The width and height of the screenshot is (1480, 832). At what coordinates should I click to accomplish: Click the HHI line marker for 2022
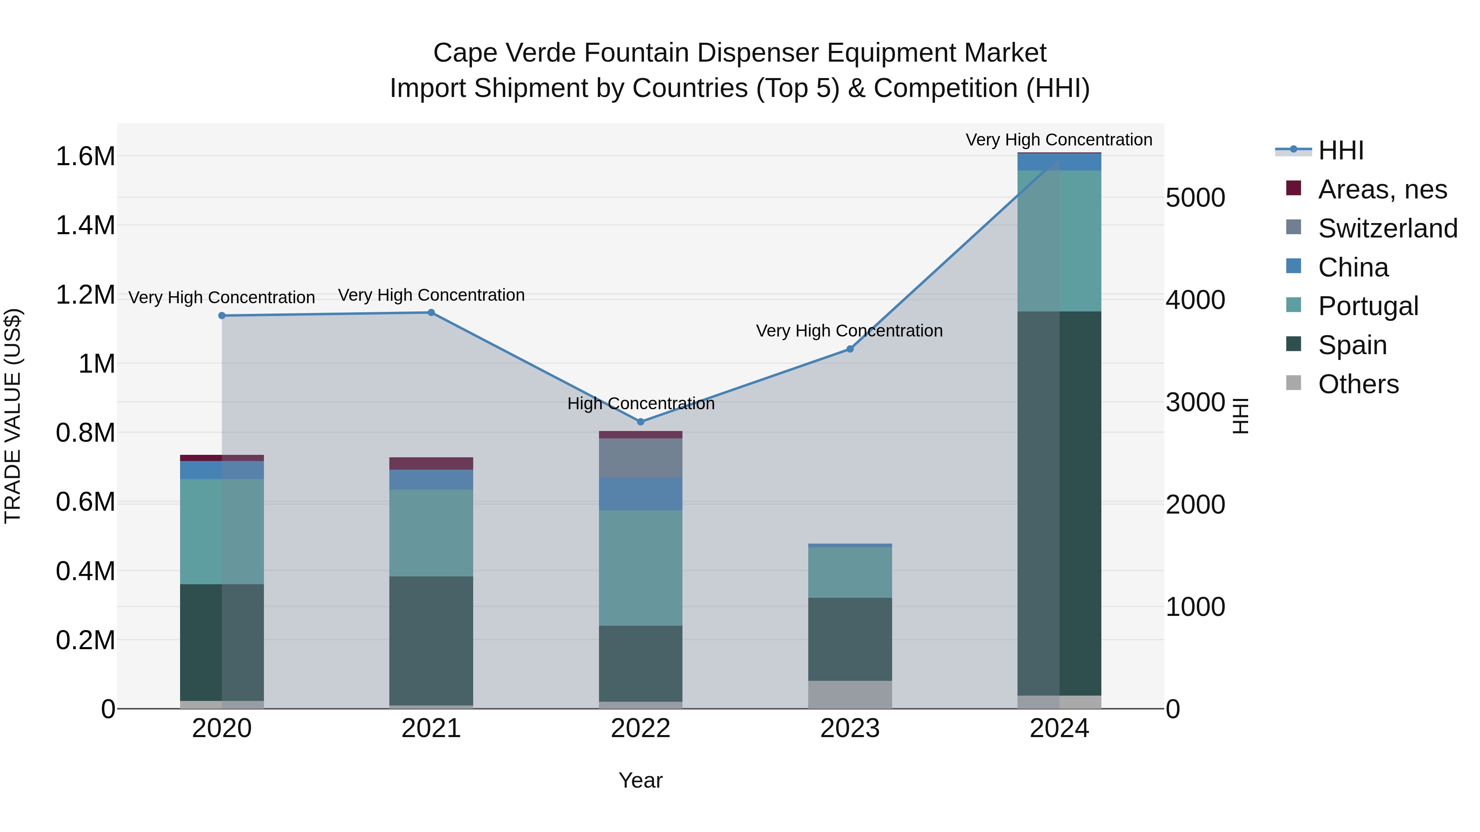[x=641, y=422]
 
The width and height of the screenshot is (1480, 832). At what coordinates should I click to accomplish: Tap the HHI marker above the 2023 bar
[x=850, y=349]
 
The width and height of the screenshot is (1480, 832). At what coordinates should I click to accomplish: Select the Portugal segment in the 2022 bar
[x=641, y=568]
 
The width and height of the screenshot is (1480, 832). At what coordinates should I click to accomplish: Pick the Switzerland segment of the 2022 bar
[x=641, y=458]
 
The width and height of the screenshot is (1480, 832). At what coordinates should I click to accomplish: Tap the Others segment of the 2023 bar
[x=850, y=695]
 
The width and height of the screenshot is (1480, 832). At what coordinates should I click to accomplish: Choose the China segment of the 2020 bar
[x=222, y=470]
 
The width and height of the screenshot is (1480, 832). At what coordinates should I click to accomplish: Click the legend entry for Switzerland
[x=1387, y=228]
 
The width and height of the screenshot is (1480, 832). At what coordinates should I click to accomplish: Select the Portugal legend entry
[x=1368, y=306]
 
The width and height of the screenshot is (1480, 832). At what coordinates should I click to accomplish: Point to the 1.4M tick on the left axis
[x=86, y=226]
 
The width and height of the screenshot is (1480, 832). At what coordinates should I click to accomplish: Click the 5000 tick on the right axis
[x=1195, y=198]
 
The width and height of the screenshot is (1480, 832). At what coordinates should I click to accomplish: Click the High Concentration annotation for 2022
[x=641, y=403]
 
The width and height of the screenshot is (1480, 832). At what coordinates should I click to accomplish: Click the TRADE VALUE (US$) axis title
[x=13, y=416]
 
